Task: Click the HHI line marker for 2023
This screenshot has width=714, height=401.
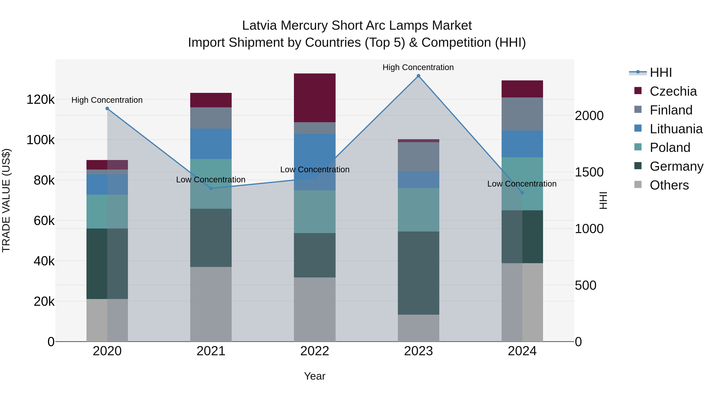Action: pyautogui.click(x=418, y=76)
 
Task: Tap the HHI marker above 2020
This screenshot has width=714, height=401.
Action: pyautogui.click(x=107, y=109)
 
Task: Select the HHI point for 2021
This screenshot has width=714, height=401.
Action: pyautogui.click(x=211, y=189)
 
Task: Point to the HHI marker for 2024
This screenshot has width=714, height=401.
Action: pyautogui.click(x=522, y=193)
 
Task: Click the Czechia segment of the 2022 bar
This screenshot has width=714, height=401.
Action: pyautogui.click(x=315, y=98)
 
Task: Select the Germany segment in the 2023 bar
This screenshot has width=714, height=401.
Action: pyautogui.click(x=418, y=273)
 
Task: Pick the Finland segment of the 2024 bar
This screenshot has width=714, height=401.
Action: pyautogui.click(x=522, y=114)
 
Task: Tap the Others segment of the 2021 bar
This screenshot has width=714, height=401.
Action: pyautogui.click(x=211, y=304)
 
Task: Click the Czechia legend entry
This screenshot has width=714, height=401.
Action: pyautogui.click(x=673, y=91)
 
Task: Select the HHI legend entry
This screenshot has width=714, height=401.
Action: pyautogui.click(x=660, y=72)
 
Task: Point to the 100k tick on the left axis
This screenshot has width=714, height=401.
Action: pyautogui.click(x=40, y=140)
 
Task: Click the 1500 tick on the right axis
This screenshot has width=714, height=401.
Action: pyautogui.click(x=589, y=172)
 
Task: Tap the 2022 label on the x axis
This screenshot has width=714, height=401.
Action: pyautogui.click(x=315, y=351)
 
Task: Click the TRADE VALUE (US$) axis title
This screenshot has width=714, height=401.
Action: pyautogui.click(x=6, y=200)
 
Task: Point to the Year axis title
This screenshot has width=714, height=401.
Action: pyautogui.click(x=315, y=376)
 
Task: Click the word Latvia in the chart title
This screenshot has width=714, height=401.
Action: pyautogui.click(x=259, y=26)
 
